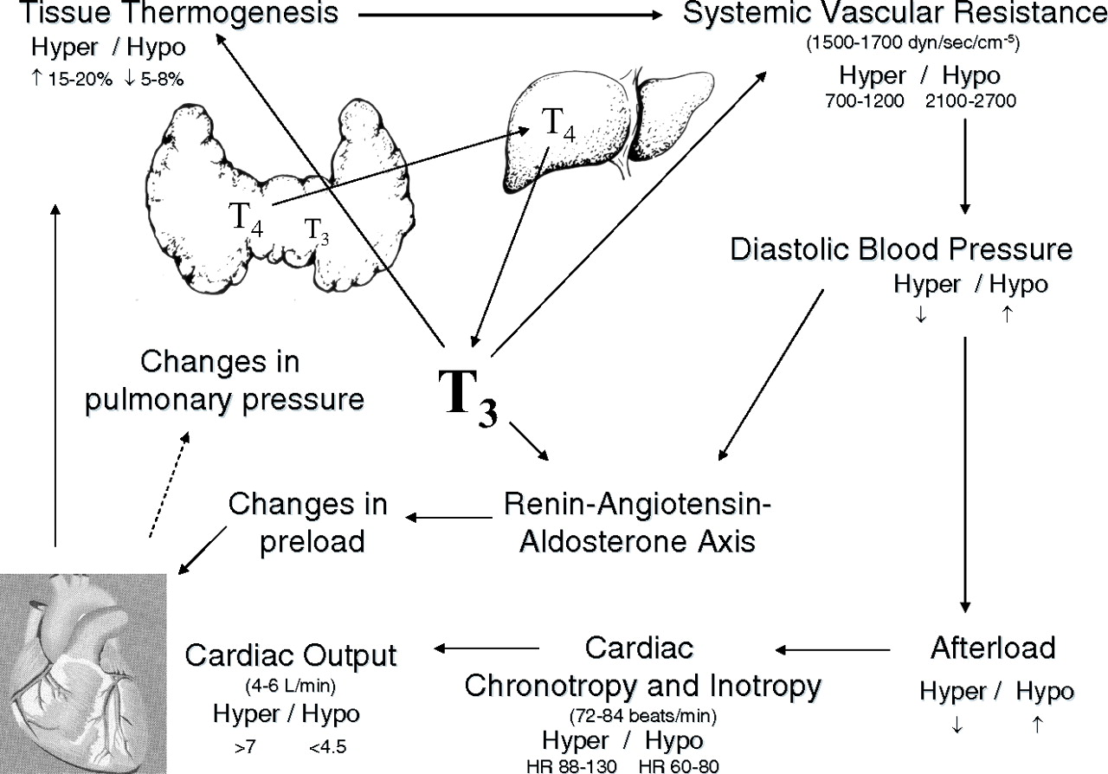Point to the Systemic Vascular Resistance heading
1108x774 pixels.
point(895,14)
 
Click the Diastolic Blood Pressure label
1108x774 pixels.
point(901,249)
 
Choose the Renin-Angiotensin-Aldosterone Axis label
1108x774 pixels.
point(637,523)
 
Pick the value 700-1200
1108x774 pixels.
point(866,102)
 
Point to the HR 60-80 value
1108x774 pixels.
point(678,766)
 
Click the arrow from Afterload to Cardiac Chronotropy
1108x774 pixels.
point(832,649)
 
